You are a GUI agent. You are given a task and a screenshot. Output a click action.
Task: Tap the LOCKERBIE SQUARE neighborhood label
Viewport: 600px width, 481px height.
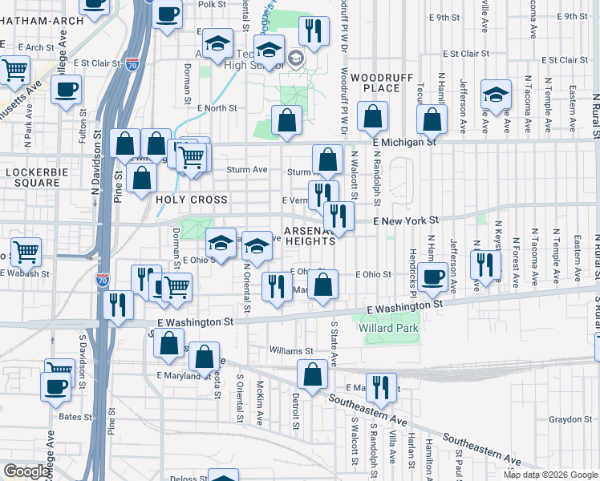click(x=33, y=177)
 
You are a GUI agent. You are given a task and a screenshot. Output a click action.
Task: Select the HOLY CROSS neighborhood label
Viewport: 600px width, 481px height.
click(x=192, y=200)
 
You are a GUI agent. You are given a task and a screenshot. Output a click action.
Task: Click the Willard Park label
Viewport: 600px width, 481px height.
click(x=392, y=328)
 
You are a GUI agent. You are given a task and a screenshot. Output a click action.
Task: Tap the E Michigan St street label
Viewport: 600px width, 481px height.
click(x=403, y=142)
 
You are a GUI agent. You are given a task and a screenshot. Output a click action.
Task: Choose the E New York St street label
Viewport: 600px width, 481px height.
click(x=406, y=220)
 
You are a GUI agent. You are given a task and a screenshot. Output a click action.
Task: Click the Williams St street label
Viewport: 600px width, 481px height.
click(x=291, y=351)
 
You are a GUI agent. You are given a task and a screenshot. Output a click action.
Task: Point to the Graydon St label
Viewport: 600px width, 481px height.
click(x=570, y=419)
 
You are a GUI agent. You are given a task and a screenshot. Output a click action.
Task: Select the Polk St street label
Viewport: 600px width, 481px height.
click(x=212, y=5)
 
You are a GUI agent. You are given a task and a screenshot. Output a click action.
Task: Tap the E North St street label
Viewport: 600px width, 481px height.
click(x=217, y=107)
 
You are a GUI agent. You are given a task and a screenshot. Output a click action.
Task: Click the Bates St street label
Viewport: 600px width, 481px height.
click(x=76, y=417)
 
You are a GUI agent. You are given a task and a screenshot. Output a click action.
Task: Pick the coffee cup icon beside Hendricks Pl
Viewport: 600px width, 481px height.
click(x=433, y=277)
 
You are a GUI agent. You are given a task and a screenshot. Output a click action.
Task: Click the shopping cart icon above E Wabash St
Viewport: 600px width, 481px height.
click(x=26, y=252)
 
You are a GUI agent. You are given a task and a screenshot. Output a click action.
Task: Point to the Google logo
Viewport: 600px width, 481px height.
click(x=26, y=471)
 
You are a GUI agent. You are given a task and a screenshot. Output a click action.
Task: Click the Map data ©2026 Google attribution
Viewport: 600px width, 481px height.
click(x=550, y=475)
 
